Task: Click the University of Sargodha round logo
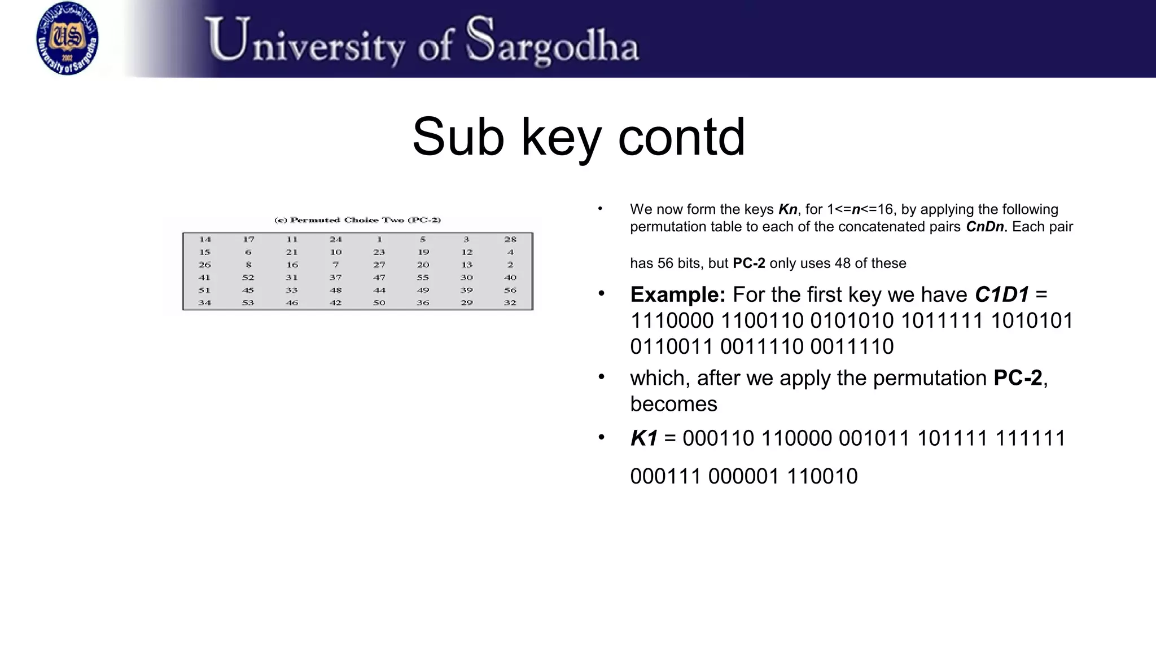(x=67, y=38)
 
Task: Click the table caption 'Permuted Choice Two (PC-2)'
(x=357, y=220)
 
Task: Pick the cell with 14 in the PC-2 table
(x=204, y=239)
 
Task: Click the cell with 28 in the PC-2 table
(x=510, y=239)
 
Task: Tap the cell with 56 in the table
(x=510, y=290)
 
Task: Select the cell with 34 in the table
(x=204, y=303)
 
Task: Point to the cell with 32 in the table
(x=510, y=303)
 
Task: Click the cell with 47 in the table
(x=379, y=278)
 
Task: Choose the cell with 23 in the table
(x=379, y=252)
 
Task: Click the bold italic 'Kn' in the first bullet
(x=787, y=209)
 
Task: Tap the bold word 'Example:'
(x=677, y=295)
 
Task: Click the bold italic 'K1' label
(x=643, y=438)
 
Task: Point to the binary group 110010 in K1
(x=822, y=477)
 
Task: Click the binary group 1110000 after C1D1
(x=672, y=320)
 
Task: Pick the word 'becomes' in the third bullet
(x=673, y=404)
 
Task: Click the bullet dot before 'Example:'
(x=602, y=293)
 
